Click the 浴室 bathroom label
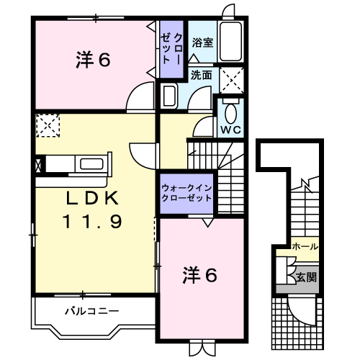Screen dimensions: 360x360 202,42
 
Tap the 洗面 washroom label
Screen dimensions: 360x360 202,75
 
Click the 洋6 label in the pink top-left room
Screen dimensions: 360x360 93,60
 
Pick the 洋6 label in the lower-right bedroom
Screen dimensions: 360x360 200,274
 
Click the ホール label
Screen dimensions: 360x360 306,247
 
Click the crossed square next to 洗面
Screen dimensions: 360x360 231,77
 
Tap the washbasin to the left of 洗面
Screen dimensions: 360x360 171,96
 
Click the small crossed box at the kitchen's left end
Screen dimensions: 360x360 37,163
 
